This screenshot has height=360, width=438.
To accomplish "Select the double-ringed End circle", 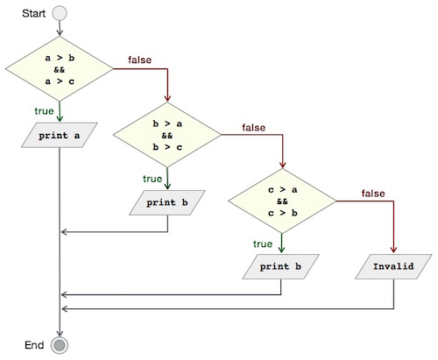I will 60,345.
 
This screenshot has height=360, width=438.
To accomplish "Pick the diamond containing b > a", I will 167,136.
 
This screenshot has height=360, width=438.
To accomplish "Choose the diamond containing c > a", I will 282,200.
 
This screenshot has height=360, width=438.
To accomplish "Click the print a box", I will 60,136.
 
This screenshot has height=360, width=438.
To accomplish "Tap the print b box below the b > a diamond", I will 167,202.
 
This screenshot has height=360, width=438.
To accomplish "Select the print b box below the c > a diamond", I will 282,265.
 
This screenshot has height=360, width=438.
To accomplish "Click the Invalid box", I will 392,265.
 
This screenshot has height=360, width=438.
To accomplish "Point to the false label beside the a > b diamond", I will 139,60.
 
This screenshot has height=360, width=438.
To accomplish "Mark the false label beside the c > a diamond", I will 372,193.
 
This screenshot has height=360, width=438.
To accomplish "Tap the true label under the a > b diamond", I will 44,110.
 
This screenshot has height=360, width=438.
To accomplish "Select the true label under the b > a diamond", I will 152,178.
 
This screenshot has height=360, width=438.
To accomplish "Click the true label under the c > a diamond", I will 263,244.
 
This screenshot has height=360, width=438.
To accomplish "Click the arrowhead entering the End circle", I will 60,332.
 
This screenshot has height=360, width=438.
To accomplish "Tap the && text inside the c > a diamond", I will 282,200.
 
